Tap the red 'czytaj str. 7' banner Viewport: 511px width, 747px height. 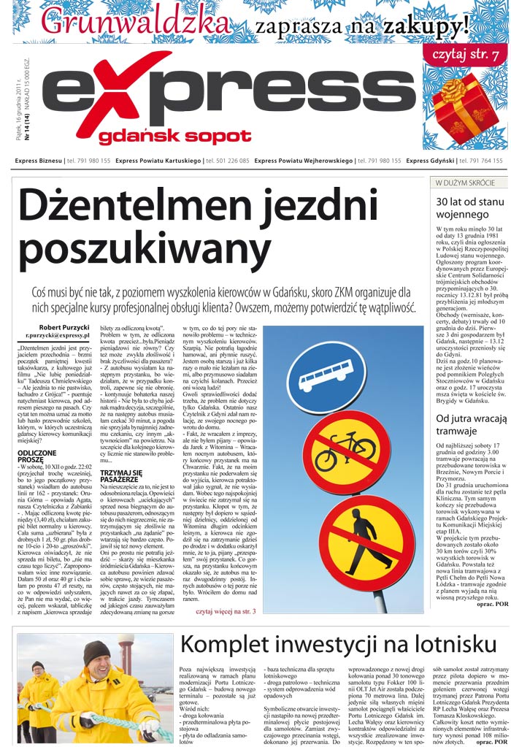point(466,55)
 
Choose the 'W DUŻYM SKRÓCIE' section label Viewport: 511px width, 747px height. point(466,182)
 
